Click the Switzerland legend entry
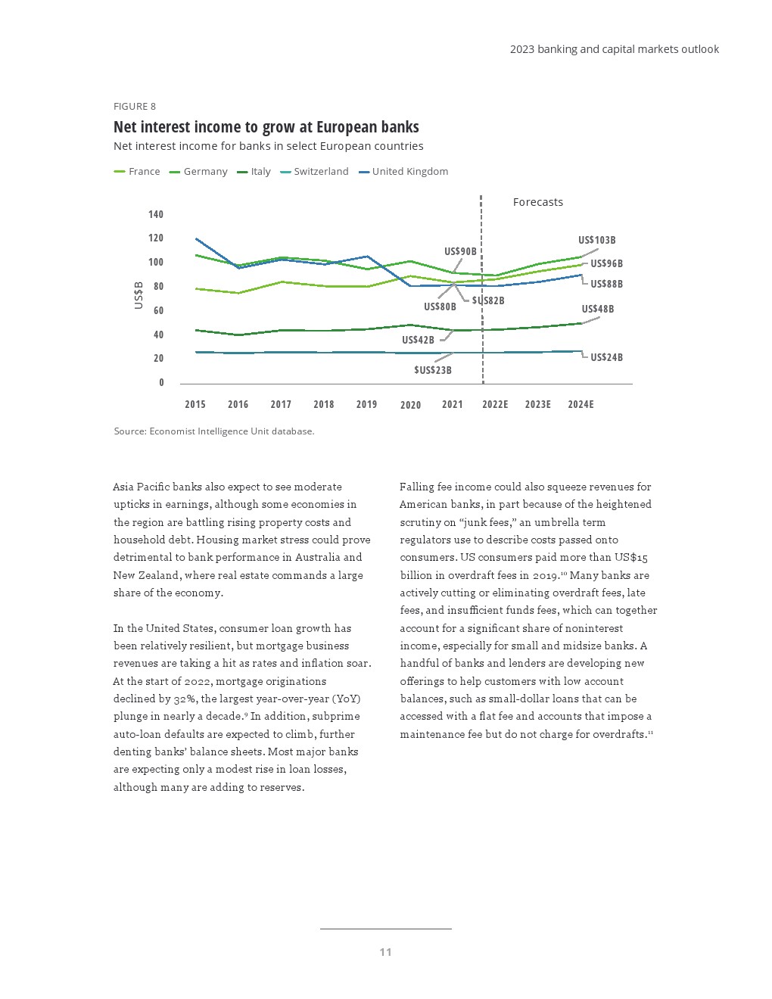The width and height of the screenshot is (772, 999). coord(321,172)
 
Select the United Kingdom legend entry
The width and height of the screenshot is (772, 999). coord(409,172)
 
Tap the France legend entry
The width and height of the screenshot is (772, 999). coord(144,172)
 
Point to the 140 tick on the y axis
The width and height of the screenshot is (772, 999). coord(156,215)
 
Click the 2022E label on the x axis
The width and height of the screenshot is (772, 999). coord(495,404)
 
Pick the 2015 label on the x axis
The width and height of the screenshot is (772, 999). coord(195,404)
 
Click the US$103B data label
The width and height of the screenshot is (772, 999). coord(596,241)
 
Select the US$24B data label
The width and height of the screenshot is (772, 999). coord(606,357)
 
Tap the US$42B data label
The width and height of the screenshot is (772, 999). coord(418,341)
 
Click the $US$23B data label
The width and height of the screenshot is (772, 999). coord(432,370)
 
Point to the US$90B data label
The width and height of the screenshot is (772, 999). coord(460,252)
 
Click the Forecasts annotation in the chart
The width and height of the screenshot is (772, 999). coord(537,202)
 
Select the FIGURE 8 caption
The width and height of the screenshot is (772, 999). coord(135,107)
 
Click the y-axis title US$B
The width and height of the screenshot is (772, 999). coord(139,295)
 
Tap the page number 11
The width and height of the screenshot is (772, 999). coord(385,952)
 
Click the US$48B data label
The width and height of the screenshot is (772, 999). coord(597,310)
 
